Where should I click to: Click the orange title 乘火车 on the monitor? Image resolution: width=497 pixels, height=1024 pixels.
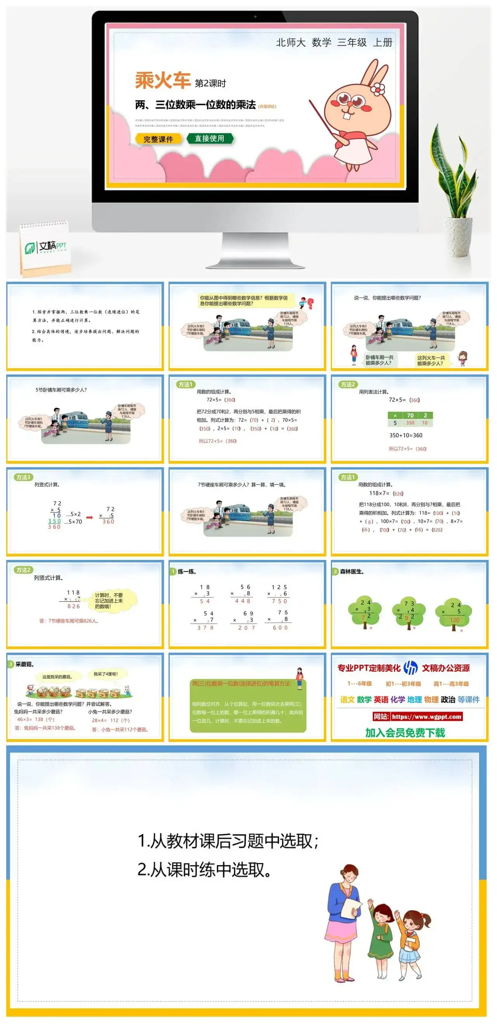click(163, 81)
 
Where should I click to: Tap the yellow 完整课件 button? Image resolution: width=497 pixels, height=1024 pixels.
click(158, 139)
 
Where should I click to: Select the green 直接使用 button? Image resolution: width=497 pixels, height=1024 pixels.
click(209, 139)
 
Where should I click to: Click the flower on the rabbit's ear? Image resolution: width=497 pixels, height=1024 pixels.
click(378, 88)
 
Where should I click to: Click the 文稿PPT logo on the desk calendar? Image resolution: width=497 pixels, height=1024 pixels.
click(46, 247)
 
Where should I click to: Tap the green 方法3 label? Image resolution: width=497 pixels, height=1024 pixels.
click(23, 477)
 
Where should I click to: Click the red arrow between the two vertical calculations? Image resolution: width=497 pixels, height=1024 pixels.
click(90, 517)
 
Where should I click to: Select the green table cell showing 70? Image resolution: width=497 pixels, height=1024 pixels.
click(410, 416)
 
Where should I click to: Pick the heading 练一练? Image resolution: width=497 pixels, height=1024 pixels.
click(187, 572)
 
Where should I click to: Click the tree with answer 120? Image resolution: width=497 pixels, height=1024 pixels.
click(454, 614)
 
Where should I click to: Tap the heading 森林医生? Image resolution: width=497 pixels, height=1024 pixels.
click(352, 572)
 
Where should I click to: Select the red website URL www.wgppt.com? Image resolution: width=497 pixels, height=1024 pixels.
click(426, 717)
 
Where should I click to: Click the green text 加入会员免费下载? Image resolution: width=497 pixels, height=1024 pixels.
click(405, 733)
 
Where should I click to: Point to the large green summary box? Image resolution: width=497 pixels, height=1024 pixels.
click(248, 705)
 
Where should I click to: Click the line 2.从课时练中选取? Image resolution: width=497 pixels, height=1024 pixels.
click(205, 870)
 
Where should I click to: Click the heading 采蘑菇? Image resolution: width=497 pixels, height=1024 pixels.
click(24, 664)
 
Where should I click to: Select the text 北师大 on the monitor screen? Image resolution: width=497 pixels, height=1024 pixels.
click(290, 43)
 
